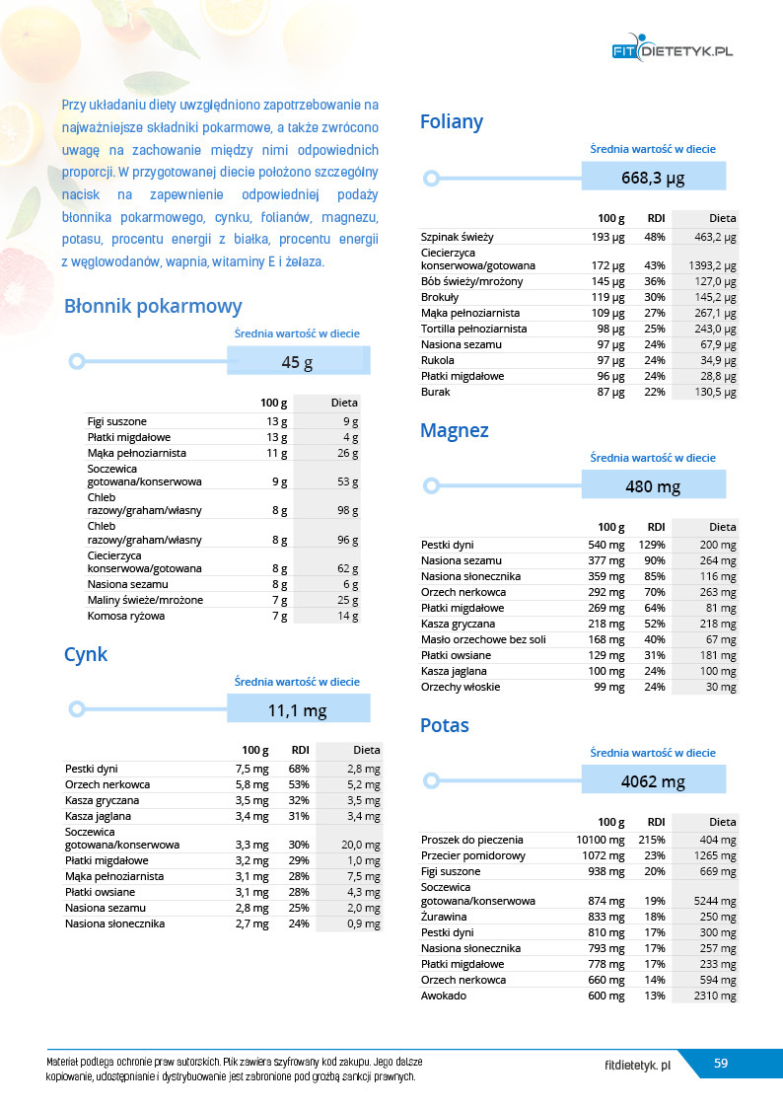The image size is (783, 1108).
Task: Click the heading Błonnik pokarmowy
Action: click(x=152, y=306)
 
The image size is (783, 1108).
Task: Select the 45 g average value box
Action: click(x=298, y=362)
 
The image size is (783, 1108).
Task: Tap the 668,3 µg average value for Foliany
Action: click(x=653, y=178)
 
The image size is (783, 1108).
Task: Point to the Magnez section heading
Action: click(x=454, y=430)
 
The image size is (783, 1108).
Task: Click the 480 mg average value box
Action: click(x=653, y=486)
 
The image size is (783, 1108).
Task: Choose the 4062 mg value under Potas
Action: click(x=653, y=781)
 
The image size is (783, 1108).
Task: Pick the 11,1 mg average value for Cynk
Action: click(x=298, y=709)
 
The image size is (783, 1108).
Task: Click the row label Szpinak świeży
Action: click(x=457, y=238)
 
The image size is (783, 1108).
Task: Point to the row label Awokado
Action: click(x=444, y=996)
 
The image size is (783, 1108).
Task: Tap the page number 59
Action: click(x=721, y=1063)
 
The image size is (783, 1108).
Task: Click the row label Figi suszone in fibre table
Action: click(x=116, y=421)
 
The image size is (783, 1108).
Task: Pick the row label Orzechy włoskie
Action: click(x=460, y=687)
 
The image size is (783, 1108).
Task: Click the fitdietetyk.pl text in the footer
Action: click(x=638, y=1066)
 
